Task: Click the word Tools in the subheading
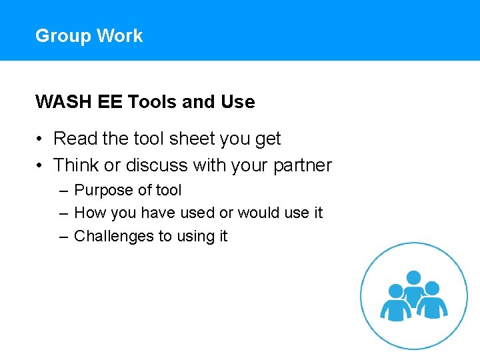click(x=153, y=102)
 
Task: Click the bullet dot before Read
click(x=41, y=139)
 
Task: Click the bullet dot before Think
click(x=41, y=165)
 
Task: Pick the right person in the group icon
click(x=432, y=302)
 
